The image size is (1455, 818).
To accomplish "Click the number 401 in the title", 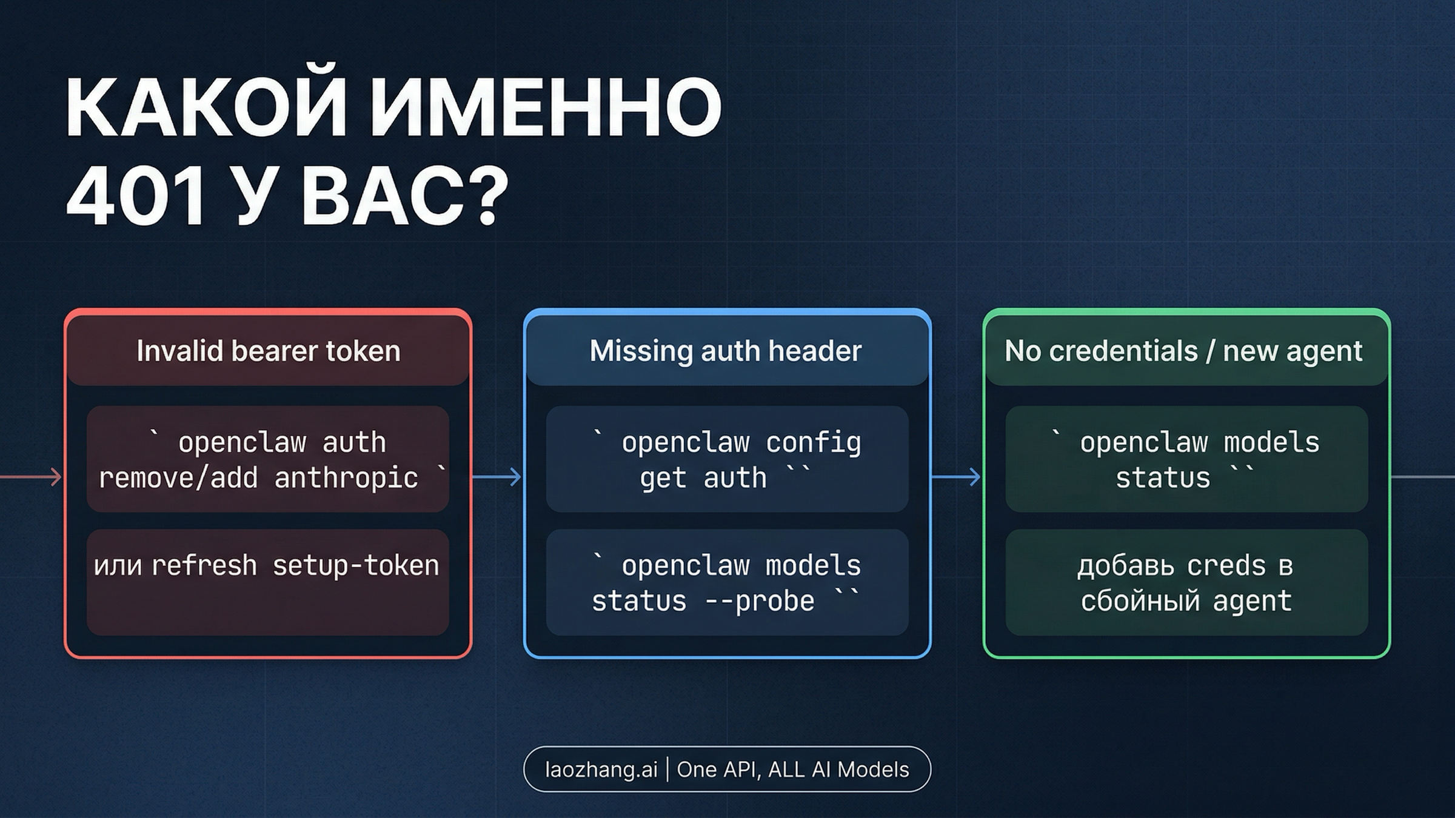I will tap(136, 198).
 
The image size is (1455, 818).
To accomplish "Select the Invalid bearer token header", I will tap(268, 351).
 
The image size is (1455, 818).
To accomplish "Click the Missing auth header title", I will tap(726, 351).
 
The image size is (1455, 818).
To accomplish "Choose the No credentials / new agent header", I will tap(1183, 351).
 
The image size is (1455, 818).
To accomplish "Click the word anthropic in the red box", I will tap(346, 478).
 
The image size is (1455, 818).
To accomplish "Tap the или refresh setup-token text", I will tap(267, 566).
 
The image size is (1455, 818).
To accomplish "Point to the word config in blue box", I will tap(812, 443).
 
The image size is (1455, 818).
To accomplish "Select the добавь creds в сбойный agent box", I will tap(1186, 583).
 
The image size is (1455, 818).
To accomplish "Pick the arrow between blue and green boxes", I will tap(956, 477).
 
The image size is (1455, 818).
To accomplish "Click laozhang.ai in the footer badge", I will tap(601, 770).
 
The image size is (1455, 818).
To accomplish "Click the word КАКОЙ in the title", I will tap(206, 107).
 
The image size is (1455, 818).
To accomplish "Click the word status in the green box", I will tap(1162, 478).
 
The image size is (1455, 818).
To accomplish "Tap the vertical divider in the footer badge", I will tap(667, 770).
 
